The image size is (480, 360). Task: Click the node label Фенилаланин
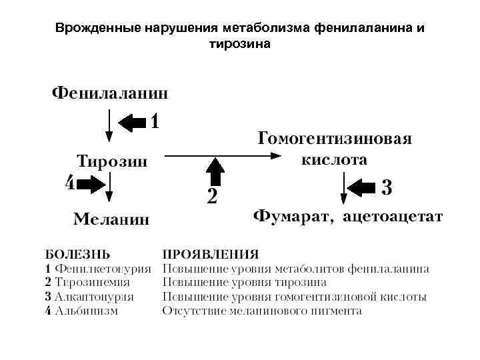click(x=110, y=93)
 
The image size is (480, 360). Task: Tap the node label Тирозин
click(x=112, y=161)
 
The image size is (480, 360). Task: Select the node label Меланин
click(x=111, y=219)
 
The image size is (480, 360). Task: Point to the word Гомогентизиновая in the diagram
click(x=334, y=139)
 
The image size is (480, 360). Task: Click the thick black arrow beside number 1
click(x=133, y=122)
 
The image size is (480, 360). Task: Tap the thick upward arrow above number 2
click(x=215, y=173)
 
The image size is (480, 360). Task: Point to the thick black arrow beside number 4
click(x=91, y=185)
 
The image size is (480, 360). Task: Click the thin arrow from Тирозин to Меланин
click(x=109, y=188)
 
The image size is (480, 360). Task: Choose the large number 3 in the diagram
click(x=387, y=187)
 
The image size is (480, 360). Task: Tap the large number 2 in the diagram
click(x=212, y=197)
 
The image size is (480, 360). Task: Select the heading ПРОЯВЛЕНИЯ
click(x=211, y=255)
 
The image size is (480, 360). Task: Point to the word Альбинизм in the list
click(x=87, y=311)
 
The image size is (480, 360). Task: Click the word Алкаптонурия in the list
click(x=95, y=297)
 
